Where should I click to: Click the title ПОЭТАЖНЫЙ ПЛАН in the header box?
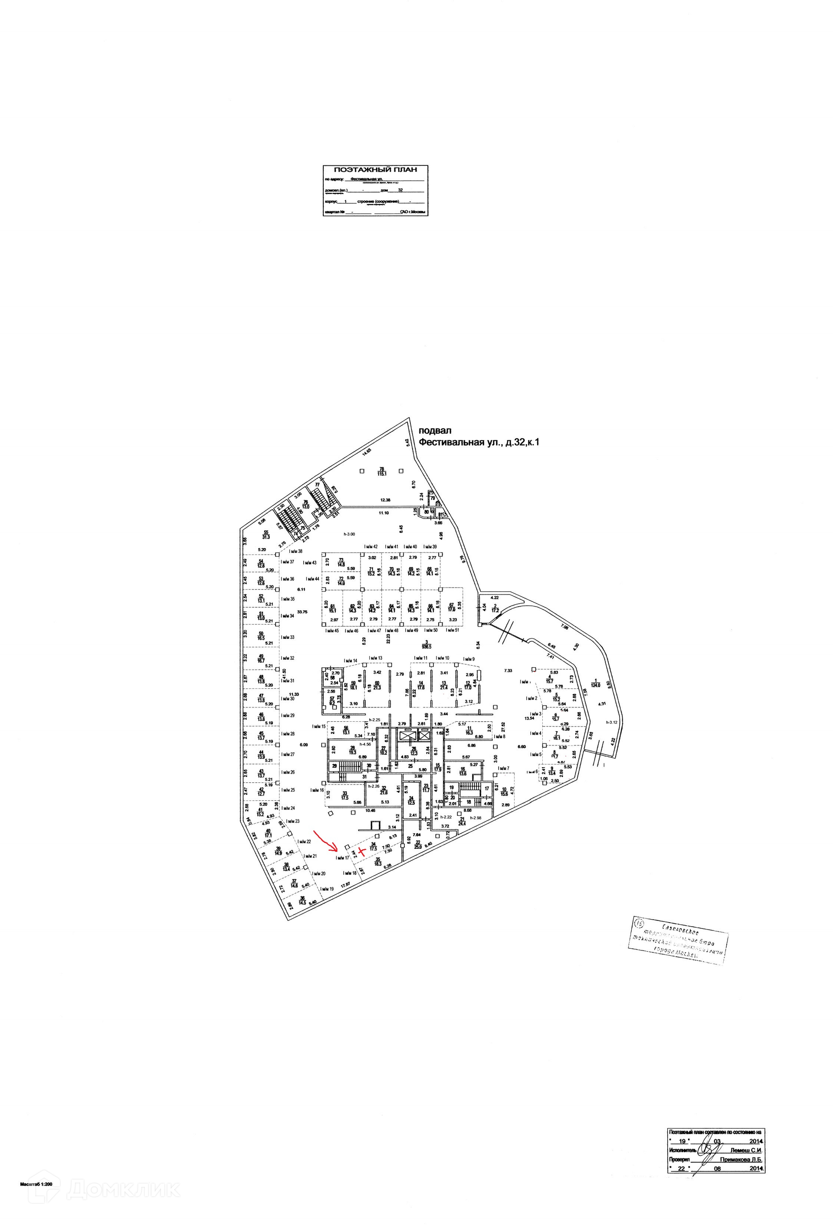[375, 170]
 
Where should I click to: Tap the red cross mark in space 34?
[361, 851]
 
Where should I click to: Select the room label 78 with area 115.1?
[382, 471]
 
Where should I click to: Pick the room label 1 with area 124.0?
[596, 683]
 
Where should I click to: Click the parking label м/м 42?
[371, 546]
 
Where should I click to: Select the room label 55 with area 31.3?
[266, 534]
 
